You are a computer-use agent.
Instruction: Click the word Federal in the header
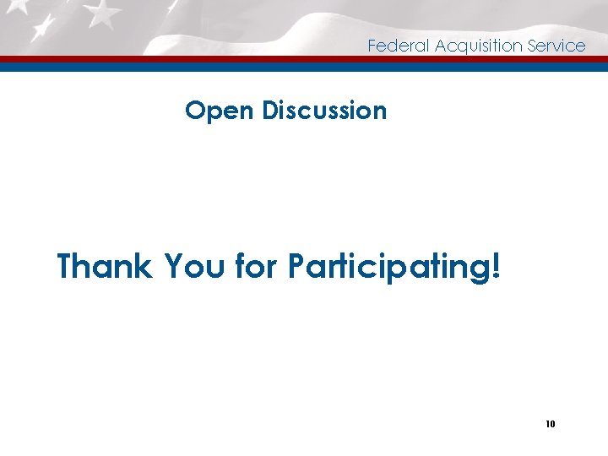click(x=399, y=46)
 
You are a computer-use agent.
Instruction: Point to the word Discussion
click(x=324, y=111)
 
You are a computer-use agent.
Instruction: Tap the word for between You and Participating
click(x=258, y=266)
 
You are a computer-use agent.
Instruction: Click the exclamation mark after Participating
click(x=495, y=266)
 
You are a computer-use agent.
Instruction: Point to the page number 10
click(x=550, y=424)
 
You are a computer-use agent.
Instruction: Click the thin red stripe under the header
click(x=304, y=59)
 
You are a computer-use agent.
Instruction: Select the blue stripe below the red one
click(x=304, y=67)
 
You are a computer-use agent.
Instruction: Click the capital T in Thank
click(x=67, y=266)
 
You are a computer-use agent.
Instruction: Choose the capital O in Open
click(x=195, y=111)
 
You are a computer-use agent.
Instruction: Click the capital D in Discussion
click(x=270, y=111)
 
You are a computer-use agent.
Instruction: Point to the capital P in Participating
click(x=296, y=266)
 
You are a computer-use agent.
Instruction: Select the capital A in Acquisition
click(x=441, y=46)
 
